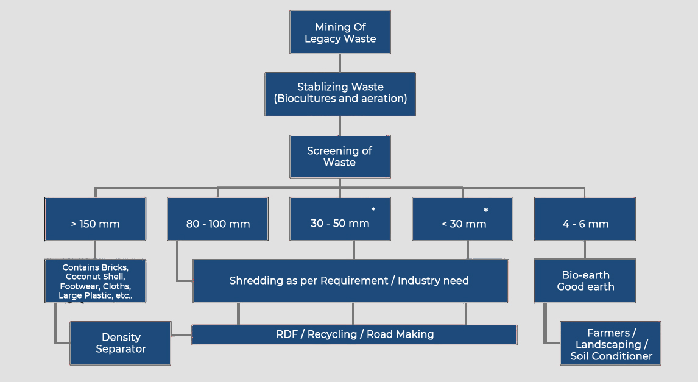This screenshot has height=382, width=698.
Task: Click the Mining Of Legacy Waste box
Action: click(340, 32)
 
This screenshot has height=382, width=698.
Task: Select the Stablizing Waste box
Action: click(340, 94)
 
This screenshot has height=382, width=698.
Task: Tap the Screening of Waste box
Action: click(340, 157)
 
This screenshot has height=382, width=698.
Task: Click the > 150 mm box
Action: click(95, 219)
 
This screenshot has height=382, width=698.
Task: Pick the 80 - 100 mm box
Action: click(217, 219)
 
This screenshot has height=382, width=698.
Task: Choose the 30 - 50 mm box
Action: click(340, 219)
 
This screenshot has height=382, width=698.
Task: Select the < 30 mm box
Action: click(464, 219)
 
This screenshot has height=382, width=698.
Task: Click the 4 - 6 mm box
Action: click(585, 219)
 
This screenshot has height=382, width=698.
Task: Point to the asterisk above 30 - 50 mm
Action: click(373, 210)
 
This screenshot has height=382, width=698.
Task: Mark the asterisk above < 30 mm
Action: click(486, 211)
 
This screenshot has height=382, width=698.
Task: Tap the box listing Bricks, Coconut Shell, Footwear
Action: click(95, 281)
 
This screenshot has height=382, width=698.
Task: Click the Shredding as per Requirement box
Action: click(350, 281)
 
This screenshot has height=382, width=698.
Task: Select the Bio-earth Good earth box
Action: click(585, 281)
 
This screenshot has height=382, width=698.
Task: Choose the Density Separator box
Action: click(121, 343)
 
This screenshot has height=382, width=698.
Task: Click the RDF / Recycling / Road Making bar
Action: click(354, 334)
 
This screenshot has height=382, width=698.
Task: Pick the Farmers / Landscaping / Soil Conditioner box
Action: click(611, 344)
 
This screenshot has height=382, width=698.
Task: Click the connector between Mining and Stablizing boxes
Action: click(340, 63)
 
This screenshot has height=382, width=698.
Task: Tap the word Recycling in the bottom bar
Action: click(334, 334)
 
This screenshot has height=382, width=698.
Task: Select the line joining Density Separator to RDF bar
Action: click(182, 335)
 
